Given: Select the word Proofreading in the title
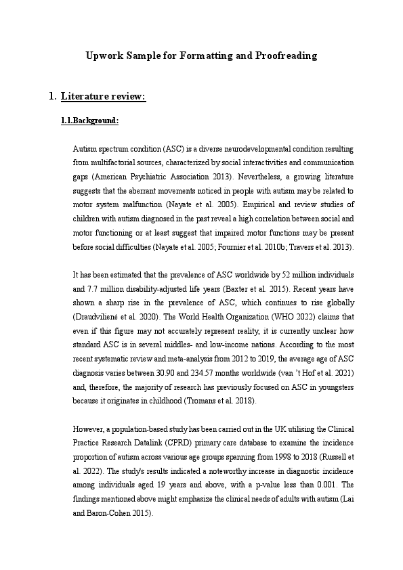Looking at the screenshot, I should pyautogui.click(x=283, y=56).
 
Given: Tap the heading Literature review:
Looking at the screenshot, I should pyautogui.click(x=103, y=97).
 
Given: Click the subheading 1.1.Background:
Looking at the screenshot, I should pyautogui.click(x=90, y=121).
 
